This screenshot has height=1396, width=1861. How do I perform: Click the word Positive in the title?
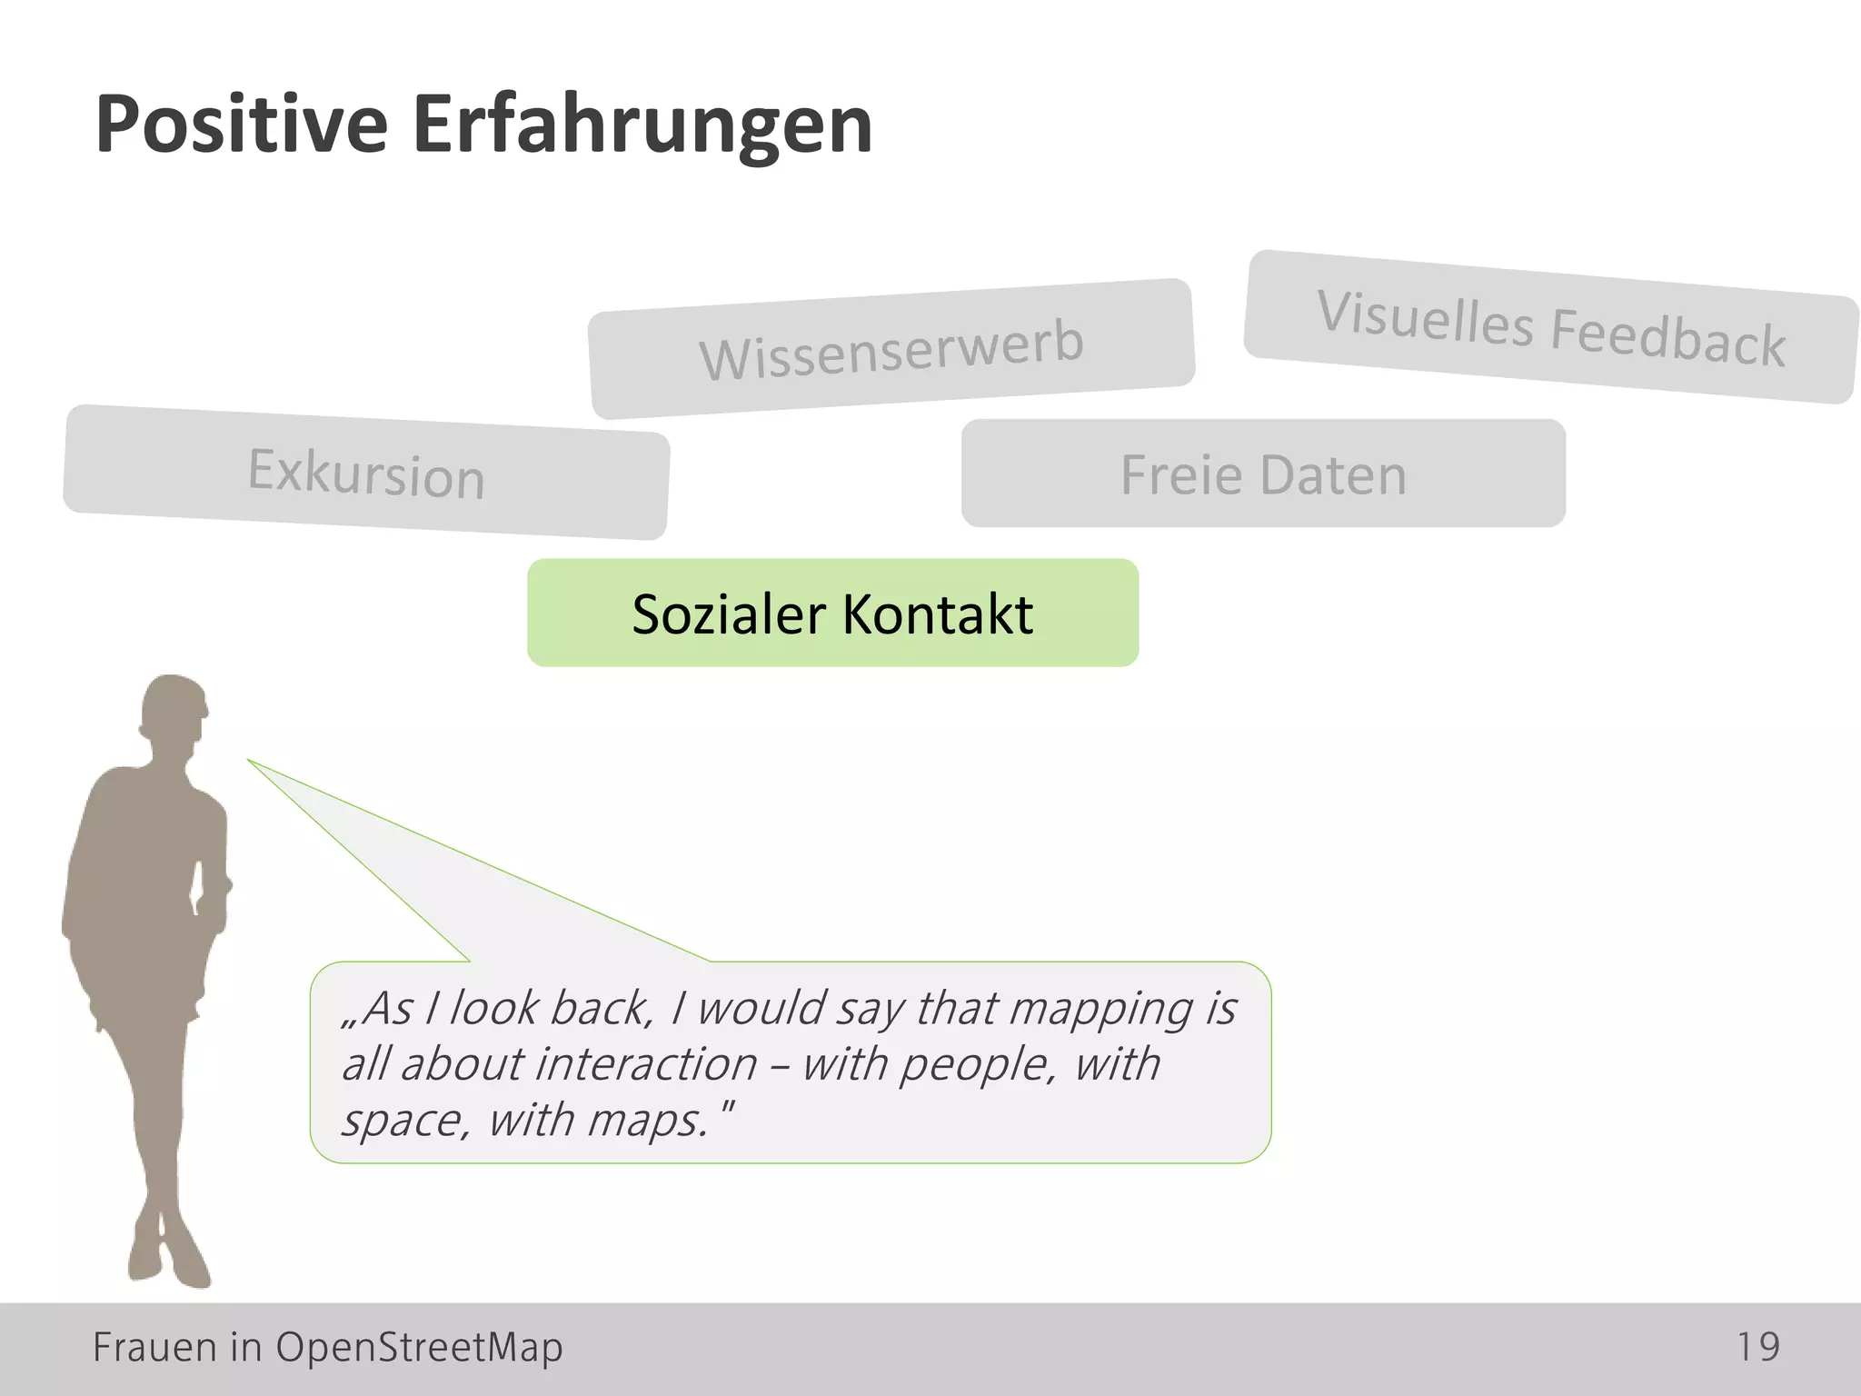pyautogui.click(x=242, y=125)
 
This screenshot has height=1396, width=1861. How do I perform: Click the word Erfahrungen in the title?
pyautogui.click(x=642, y=125)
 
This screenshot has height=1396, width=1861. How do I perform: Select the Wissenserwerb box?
pyautogui.click(x=891, y=349)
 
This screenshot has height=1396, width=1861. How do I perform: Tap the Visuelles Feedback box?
pyautogui.click(x=1550, y=327)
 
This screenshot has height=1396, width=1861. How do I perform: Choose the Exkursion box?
pyautogui.click(x=366, y=473)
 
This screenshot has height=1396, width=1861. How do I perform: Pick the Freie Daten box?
pyautogui.click(x=1263, y=474)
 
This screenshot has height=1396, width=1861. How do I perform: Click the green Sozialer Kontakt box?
pyautogui.click(x=832, y=613)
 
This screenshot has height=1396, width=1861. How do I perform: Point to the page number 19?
pyautogui.click(x=1757, y=1347)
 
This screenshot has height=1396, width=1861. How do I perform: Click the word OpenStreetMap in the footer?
pyautogui.click(x=419, y=1347)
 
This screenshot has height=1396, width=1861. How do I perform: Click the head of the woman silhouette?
pyautogui.click(x=174, y=709)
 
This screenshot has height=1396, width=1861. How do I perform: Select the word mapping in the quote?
pyautogui.click(x=1101, y=1009)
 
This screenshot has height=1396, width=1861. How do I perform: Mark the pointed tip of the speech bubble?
pyautogui.click(x=250, y=761)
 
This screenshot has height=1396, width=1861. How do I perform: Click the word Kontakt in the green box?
pyautogui.click(x=938, y=613)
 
